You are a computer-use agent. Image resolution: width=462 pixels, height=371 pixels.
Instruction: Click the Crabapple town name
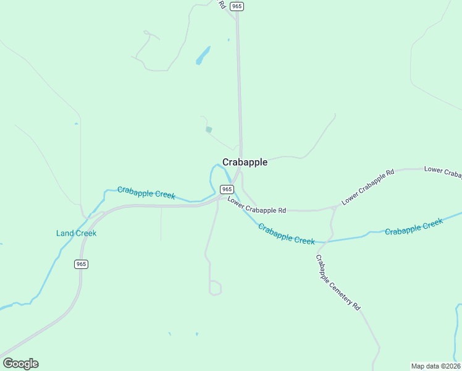tap(245, 162)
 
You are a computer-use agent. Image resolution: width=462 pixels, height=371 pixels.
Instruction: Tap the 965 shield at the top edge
tap(237, 6)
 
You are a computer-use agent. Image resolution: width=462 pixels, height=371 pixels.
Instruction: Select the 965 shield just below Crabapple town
tap(227, 189)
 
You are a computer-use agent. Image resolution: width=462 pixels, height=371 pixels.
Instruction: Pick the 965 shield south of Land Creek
tap(81, 264)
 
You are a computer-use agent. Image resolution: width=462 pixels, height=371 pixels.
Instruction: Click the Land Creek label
tap(76, 233)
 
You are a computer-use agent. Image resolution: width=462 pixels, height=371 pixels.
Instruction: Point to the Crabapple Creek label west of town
tap(146, 193)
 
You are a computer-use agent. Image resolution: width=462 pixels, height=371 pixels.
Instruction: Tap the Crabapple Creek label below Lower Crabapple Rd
tap(286, 234)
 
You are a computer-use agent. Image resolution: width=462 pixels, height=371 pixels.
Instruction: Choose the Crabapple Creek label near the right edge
tap(413, 227)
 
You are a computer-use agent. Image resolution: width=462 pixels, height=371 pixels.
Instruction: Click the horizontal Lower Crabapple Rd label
tap(256, 205)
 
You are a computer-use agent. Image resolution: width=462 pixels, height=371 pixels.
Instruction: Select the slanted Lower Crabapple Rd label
tap(367, 187)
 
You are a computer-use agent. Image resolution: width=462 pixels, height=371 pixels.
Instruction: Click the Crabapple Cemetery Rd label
tap(338, 282)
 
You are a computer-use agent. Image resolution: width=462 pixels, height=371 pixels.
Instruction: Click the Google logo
tap(20, 364)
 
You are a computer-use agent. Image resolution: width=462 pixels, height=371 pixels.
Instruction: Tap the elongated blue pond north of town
tap(203, 56)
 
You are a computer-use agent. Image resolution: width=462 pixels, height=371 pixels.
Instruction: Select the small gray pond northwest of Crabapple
tap(209, 130)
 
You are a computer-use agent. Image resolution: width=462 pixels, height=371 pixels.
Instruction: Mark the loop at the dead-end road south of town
tap(215, 288)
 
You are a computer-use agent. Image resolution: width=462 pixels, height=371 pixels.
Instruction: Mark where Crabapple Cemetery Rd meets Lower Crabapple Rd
tap(334, 208)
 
